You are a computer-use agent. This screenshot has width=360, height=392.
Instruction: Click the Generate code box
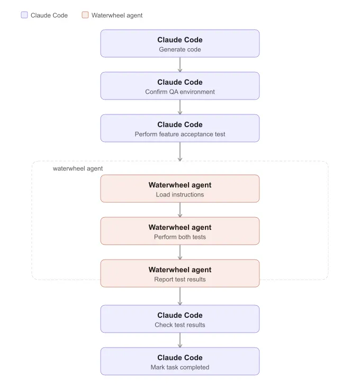[180, 43]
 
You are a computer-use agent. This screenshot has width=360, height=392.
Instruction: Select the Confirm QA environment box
[180, 86]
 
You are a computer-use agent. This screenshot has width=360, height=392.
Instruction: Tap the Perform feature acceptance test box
[180, 128]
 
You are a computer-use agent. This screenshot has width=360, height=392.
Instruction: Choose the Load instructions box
[180, 189]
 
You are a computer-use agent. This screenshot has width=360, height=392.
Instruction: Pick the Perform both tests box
[180, 231]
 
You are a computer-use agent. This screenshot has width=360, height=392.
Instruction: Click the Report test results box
[180, 273]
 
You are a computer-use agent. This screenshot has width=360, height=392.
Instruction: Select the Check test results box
[180, 319]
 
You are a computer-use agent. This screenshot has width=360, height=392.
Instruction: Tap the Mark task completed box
[180, 361]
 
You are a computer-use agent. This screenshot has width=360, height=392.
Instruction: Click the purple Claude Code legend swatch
[24, 15]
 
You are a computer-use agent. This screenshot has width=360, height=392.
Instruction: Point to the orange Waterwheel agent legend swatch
[85, 15]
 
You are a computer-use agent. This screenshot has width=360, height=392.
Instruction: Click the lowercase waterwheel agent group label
[78, 168]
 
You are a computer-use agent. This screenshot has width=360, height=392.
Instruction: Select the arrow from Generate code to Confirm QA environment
[180, 65]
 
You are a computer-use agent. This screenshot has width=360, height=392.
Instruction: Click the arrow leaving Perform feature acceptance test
[180, 152]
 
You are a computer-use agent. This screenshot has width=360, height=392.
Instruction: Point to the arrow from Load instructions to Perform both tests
[180, 210]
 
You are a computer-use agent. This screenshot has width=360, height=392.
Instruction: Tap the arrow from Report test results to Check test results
[180, 296]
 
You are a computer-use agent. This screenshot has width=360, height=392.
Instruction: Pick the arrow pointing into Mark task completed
[180, 340]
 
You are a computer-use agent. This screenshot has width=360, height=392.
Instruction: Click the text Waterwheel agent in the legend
[117, 15]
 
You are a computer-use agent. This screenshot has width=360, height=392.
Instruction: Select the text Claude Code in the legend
[49, 15]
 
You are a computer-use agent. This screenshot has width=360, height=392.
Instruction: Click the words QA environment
[192, 92]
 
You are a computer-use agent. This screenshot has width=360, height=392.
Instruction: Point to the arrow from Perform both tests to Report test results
[180, 252]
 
